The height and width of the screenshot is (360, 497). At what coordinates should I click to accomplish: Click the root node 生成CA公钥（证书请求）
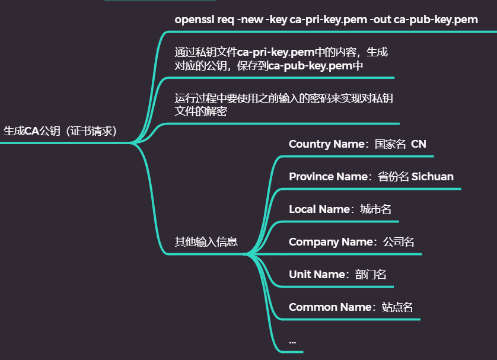[x=60, y=132]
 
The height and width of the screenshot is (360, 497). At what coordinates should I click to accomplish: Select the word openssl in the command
[x=195, y=20]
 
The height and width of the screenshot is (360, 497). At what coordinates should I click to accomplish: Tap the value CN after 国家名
[x=419, y=144]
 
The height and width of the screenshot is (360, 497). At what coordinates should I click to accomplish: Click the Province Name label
[x=328, y=177]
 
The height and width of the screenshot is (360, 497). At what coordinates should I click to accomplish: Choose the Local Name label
[x=319, y=209]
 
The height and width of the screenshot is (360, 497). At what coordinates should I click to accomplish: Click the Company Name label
[x=330, y=242]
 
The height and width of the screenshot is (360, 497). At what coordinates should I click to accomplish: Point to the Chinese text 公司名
[x=399, y=242]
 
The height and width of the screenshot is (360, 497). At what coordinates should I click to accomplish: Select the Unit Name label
[x=317, y=275]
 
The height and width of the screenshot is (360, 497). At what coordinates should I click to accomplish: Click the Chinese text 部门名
[x=371, y=275]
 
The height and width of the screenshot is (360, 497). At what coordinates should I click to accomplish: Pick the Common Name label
[x=330, y=307]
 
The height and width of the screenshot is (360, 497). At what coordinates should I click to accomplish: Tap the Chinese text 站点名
[x=397, y=307]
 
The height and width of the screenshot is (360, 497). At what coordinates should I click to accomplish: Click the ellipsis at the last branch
[x=292, y=342]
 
